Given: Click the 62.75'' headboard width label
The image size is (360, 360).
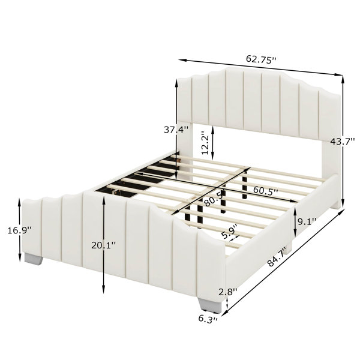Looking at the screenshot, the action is click(261, 59).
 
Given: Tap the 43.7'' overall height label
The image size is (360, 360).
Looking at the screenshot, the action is click(343, 142).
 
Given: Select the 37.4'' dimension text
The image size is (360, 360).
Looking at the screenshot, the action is click(176, 130).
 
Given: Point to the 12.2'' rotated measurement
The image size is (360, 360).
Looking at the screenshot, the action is click(205, 143).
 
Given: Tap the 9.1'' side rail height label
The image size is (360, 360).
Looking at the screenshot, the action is click(307, 221).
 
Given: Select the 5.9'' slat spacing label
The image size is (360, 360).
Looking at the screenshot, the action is click(230, 232).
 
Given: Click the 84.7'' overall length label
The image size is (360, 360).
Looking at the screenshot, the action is click(278, 256).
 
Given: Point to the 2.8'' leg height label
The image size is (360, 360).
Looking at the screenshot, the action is click(227, 292).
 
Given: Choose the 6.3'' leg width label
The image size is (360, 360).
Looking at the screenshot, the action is click(208, 319).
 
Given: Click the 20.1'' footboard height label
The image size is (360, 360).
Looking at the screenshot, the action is click(104, 245).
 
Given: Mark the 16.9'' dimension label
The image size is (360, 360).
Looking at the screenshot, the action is click(20, 230).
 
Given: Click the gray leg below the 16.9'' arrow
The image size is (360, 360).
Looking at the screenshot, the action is click(34, 259).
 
